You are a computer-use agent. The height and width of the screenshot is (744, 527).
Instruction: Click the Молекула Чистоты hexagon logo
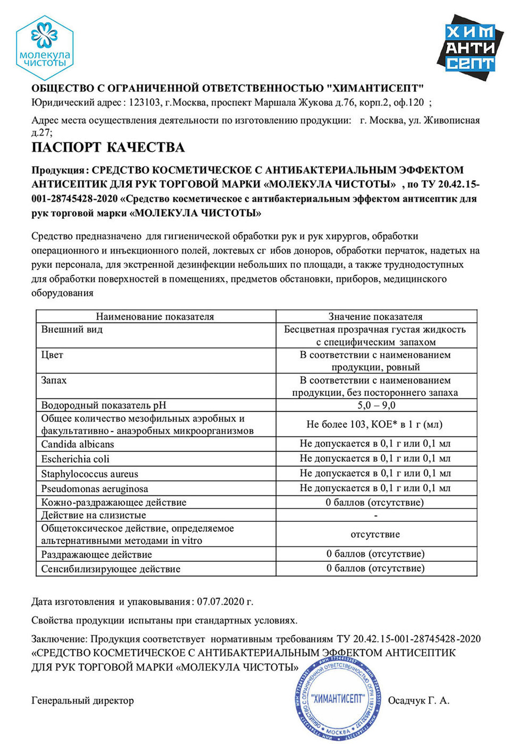44,48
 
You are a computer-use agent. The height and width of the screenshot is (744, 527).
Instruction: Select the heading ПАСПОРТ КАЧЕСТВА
108,147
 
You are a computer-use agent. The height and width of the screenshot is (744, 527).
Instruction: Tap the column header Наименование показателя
155,317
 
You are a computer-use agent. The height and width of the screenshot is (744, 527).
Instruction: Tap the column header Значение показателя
375,317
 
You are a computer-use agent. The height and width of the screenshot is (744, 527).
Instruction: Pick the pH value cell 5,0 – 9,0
376,405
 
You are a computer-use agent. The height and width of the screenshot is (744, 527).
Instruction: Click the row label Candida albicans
78,444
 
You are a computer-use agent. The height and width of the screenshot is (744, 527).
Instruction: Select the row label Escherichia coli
75,459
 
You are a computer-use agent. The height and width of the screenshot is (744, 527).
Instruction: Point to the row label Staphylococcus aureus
89,474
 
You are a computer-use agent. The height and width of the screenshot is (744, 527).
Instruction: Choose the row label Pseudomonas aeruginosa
95,489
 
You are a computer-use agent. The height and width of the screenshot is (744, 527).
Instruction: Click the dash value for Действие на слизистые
376,515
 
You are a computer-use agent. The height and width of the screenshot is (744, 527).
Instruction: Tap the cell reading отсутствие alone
375,535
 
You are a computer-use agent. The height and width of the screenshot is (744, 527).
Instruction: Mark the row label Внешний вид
72,329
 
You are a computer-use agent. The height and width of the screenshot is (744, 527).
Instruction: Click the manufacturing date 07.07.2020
221,602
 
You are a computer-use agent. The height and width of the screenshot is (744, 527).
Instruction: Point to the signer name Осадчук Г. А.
419,700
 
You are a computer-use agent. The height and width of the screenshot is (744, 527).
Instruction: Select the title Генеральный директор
82,700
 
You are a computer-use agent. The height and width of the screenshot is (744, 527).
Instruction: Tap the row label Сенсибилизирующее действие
111,569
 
